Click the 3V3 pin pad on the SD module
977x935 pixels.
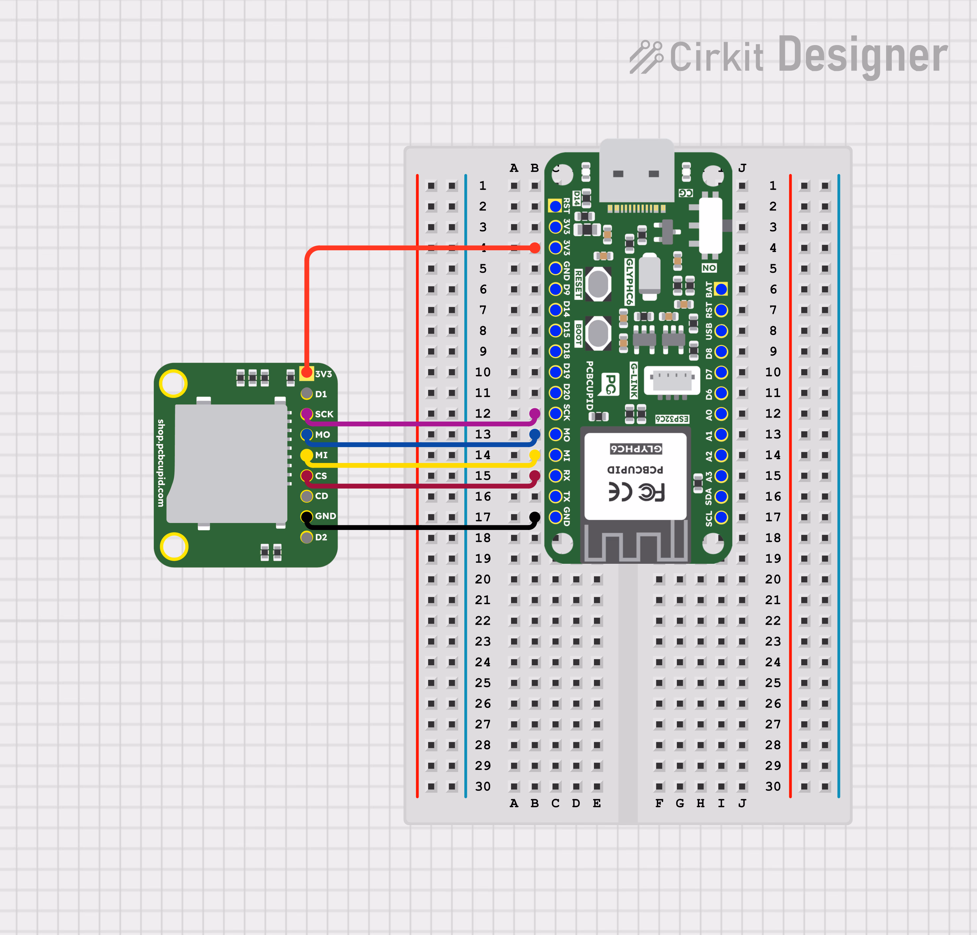pos(306,373)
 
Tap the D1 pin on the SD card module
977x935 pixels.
pos(306,393)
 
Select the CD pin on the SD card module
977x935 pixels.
pos(306,496)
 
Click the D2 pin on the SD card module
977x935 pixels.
pos(306,537)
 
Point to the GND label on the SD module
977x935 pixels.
pos(325,516)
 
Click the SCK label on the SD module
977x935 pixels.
pos(324,414)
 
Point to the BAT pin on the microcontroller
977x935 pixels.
pos(721,289)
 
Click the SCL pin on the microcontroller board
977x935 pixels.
pos(721,517)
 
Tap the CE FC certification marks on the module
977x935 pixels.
pos(636,492)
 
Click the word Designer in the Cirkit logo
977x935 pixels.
pos(862,55)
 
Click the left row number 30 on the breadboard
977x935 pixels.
pos(483,787)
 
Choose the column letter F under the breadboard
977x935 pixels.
pos(659,803)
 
